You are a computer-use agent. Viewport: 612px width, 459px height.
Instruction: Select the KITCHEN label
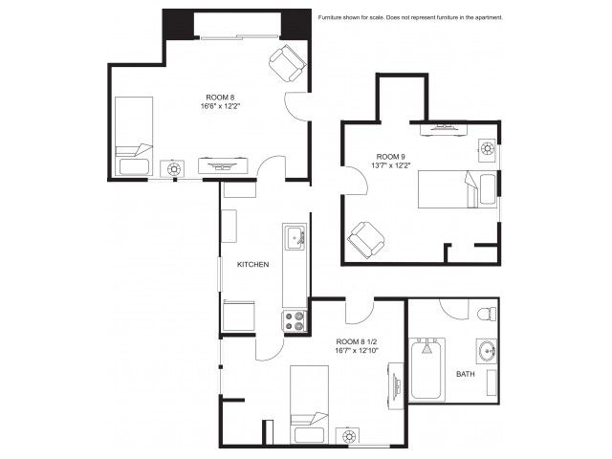(252, 264)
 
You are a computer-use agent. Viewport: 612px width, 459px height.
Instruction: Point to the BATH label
(466, 374)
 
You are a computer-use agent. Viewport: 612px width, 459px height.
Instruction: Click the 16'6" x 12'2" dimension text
(220, 106)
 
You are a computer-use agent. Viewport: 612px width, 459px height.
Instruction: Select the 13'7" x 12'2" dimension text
(390, 165)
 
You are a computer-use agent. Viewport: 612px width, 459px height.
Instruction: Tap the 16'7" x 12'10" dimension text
(357, 350)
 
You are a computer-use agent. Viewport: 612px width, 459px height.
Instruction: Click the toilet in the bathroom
(487, 314)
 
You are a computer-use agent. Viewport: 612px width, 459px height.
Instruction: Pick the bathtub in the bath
(427, 370)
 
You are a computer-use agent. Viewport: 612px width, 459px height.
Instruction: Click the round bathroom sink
(487, 351)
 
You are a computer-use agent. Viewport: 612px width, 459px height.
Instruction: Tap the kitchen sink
(295, 237)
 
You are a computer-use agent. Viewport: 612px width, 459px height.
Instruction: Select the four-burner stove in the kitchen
(295, 321)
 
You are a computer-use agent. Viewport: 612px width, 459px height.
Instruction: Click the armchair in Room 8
(288, 63)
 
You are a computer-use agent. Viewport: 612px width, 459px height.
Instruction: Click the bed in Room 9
(457, 189)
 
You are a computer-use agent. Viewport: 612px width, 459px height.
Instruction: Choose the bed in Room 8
(134, 136)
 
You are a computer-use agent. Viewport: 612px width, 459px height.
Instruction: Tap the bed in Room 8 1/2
(309, 404)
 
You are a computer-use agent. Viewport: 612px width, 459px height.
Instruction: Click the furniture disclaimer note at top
(410, 17)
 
